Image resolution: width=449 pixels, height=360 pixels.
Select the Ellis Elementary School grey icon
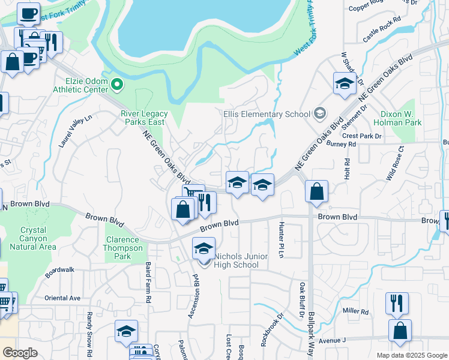pyautogui.click(x=320, y=113)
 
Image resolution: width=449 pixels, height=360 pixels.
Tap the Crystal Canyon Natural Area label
pyautogui.click(x=38, y=238)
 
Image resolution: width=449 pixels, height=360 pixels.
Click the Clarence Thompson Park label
pyautogui.click(x=124, y=248)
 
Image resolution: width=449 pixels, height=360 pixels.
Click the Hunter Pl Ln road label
pyautogui.click(x=280, y=239)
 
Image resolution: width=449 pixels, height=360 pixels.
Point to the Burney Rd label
pyautogui.click(x=342, y=144)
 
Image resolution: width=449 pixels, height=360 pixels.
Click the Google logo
pyautogui.click(x=20, y=353)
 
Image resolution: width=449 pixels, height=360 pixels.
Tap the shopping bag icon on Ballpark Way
pyautogui.click(x=316, y=193)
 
